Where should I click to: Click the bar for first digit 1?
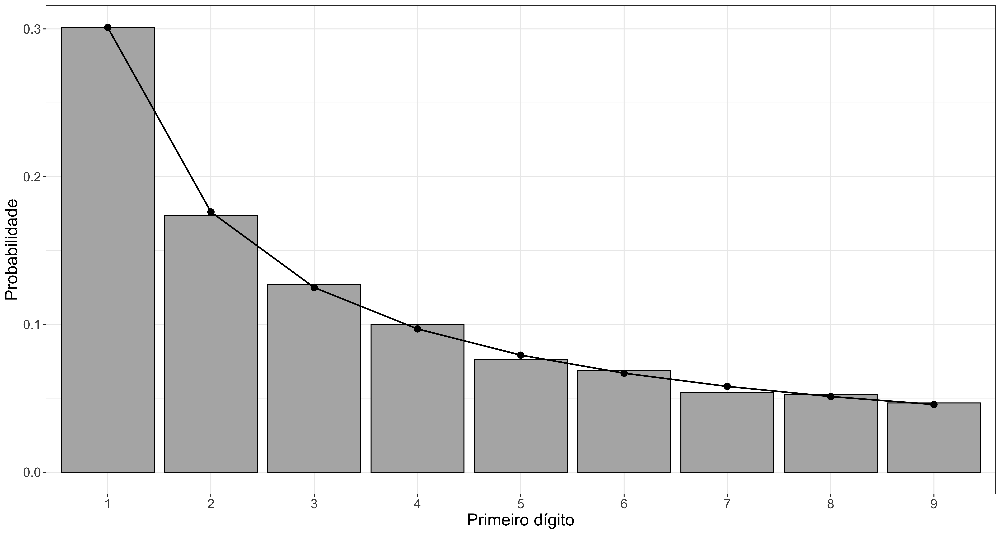pos(108,250)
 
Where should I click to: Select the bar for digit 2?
pos(211,344)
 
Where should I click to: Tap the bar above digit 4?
pos(417,398)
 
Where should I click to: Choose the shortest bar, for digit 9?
pos(934,438)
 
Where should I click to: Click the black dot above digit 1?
pos(108,27)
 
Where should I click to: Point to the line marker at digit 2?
pos(211,212)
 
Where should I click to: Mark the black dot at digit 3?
pos(314,288)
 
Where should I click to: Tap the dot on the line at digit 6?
pos(624,373)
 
